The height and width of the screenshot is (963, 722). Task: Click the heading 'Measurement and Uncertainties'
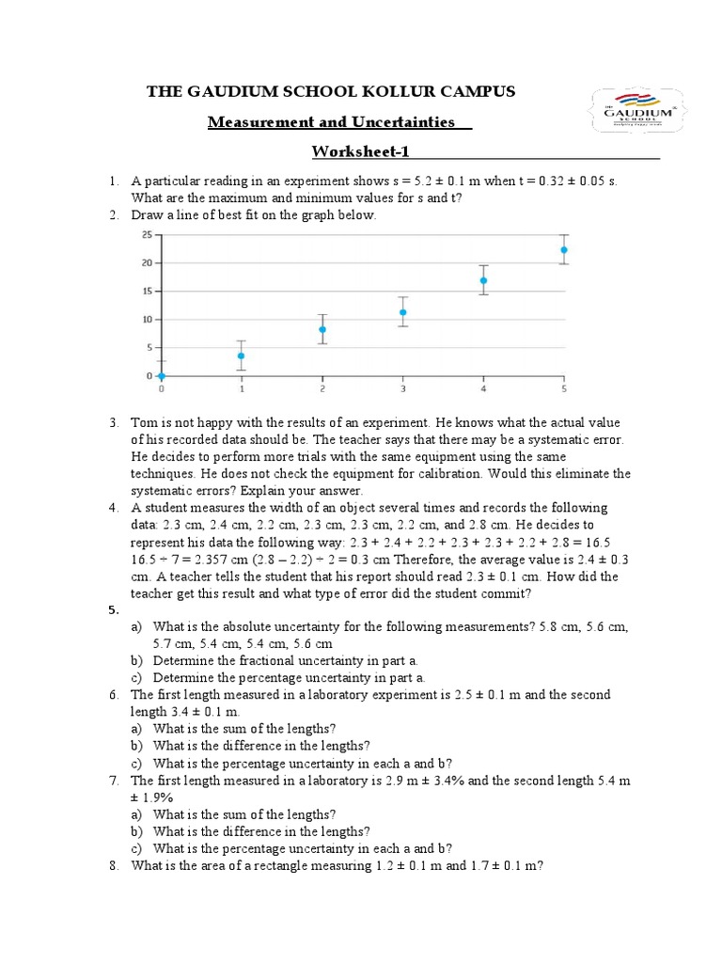pos(331,122)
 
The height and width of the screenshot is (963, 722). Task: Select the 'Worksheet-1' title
pos(360,152)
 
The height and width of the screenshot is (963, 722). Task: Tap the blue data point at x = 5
pos(564,250)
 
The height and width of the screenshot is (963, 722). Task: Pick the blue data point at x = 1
pos(242,355)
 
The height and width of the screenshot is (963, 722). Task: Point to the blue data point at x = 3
pos(402,312)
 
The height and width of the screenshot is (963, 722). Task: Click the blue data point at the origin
pos(161,376)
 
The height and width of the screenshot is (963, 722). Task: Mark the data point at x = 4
pos(483,280)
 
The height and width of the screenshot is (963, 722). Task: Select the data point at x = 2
pos(322,329)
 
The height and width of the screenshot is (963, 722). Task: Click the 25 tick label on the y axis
pos(147,235)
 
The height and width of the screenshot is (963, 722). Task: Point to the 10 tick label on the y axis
pos(147,320)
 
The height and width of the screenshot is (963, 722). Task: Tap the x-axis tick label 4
pos(483,388)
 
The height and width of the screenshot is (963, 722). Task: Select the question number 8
pos(112,865)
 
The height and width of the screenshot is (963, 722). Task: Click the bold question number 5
pos(112,609)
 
